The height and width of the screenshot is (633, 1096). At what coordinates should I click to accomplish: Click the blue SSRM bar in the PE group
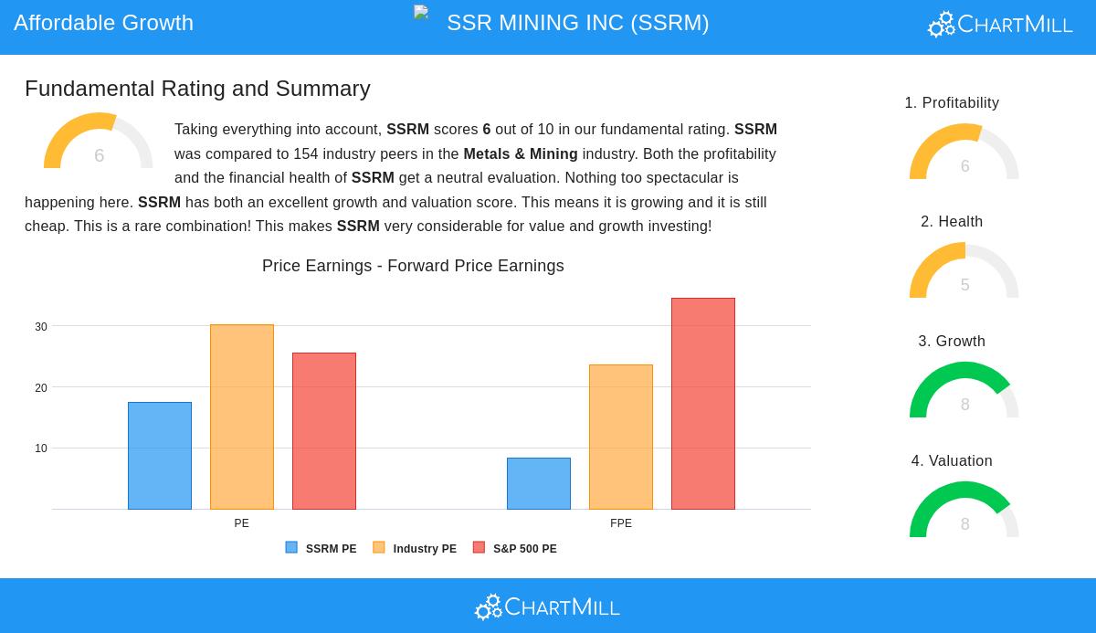[x=160, y=456]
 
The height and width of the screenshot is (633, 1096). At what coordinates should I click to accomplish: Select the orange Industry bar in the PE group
[x=242, y=417]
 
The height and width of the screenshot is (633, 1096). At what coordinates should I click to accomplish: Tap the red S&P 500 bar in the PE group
[x=324, y=431]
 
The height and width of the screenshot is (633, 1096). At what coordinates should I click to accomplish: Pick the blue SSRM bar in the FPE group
[x=539, y=483]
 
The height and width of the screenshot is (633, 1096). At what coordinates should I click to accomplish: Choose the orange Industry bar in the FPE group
[x=621, y=437]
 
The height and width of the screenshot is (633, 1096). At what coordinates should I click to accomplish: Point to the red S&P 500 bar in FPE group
[x=703, y=404]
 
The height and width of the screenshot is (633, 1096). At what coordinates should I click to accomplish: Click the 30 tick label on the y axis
[x=41, y=327]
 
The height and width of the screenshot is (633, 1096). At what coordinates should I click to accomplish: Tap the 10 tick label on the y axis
[x=41, y=448]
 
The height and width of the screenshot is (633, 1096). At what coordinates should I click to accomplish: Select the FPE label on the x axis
[x=621, y=523]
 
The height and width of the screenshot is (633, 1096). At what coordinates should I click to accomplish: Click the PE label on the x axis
[x=241, y=523]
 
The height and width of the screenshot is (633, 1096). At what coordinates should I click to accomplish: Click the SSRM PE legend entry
[x=321, y=549]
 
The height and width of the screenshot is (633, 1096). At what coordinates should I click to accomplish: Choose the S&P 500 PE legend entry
[x=515, y=549]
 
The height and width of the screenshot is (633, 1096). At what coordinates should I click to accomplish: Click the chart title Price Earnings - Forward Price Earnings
[x=413, y=266]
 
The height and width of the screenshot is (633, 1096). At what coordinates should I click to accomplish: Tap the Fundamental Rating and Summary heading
[x=197, y=89]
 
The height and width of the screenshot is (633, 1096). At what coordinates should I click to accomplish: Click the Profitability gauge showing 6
[x=964, y=153]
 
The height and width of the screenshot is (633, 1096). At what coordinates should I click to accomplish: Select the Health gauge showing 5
[x=964, y=272]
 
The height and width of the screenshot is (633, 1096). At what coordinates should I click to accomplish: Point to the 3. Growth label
[x=952, y=342]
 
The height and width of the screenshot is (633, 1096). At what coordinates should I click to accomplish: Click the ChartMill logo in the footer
[x=547, y=607]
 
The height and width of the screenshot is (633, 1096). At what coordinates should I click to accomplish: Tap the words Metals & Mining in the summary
[x=521, y=154]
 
